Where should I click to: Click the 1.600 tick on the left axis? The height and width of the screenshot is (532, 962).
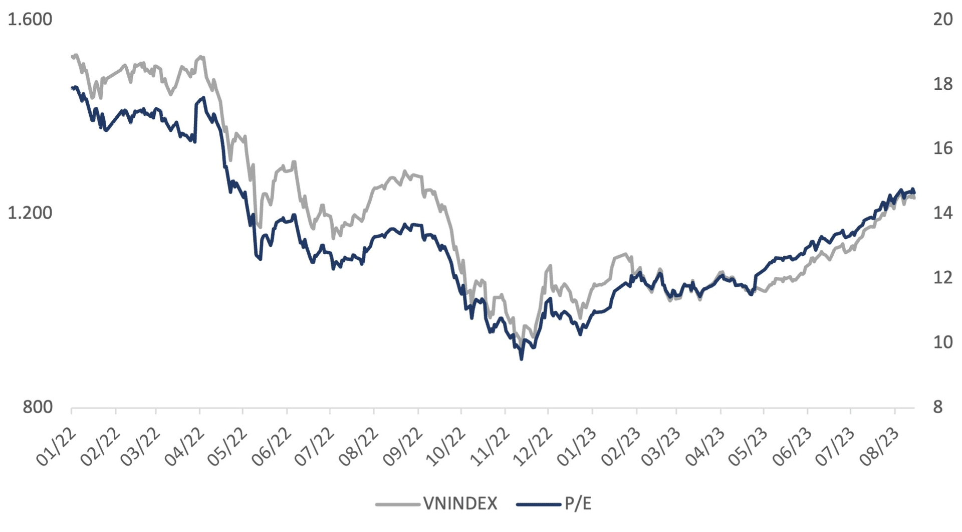click(30, 20)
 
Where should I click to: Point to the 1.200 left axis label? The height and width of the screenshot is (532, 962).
click(30, 213)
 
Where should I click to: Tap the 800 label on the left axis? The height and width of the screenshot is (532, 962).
click(38, 407)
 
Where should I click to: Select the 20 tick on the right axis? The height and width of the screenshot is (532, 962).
click(943, 20)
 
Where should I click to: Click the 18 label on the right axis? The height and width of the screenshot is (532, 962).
click(943, 84)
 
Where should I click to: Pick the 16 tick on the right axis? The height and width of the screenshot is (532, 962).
click(943, 148)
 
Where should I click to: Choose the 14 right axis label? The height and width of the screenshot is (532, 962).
click(943, 213)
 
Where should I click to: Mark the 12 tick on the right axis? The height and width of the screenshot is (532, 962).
click(943, 277)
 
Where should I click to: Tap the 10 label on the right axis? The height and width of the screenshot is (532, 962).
click(943, 342)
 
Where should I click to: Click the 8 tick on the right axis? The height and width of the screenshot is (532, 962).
click(938, 407)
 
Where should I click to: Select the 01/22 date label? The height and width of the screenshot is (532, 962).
click(56, 448)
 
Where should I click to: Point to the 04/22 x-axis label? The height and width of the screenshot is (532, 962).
click(184, 448)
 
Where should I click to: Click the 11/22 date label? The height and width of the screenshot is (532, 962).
click(490, 448)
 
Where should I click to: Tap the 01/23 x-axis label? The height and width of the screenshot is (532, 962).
click(577, 448)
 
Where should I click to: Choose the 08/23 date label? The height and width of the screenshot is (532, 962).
click(880, 448)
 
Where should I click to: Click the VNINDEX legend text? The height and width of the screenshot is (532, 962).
click(460, 503)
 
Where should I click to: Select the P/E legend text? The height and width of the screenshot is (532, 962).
click(578, 503)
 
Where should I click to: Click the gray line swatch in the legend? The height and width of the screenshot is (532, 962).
click(397, 504)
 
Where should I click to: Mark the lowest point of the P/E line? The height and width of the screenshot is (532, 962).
click(522, 359)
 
